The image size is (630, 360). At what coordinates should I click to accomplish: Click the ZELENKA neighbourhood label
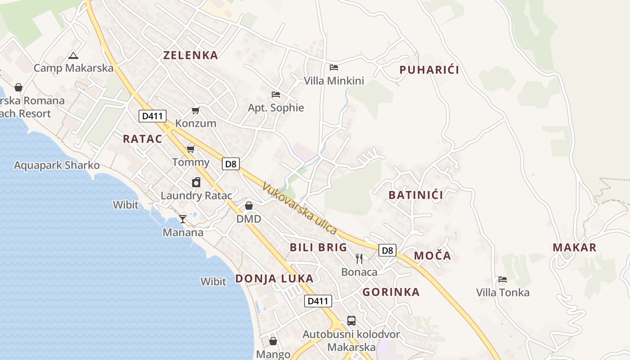coord(190,55)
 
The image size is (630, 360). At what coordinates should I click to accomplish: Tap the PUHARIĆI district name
coord(429,70)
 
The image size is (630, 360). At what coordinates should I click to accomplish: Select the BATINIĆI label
coord(415,195)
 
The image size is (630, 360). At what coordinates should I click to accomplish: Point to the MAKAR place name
coord(574,247)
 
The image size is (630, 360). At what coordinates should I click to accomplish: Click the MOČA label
coord(432,256)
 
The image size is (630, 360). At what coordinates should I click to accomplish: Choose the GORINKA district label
coord(391,292)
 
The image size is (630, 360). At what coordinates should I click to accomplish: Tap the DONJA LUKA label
coord(274,279)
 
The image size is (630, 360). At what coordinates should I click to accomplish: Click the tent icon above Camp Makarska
coord(73,56)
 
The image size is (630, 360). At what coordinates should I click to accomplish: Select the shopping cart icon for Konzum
coord(195,110)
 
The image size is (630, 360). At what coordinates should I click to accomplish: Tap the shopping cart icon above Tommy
coord(190,149)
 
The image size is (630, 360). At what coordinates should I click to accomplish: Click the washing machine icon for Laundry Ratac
coord(196,182)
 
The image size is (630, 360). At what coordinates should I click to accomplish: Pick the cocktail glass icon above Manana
coord(183,219)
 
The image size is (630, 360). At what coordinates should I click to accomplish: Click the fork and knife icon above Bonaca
coord(359,258)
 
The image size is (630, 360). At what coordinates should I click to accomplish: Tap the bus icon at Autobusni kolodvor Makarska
coord(351,321)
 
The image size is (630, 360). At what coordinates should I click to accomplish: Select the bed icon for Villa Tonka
coord(503,279)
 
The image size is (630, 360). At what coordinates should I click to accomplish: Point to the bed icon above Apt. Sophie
coord(276,94)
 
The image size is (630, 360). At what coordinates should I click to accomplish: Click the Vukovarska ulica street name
coord(299,208)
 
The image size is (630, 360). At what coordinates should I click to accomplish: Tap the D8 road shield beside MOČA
coord(387,250)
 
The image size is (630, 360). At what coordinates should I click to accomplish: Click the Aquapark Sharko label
coord(57,165)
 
